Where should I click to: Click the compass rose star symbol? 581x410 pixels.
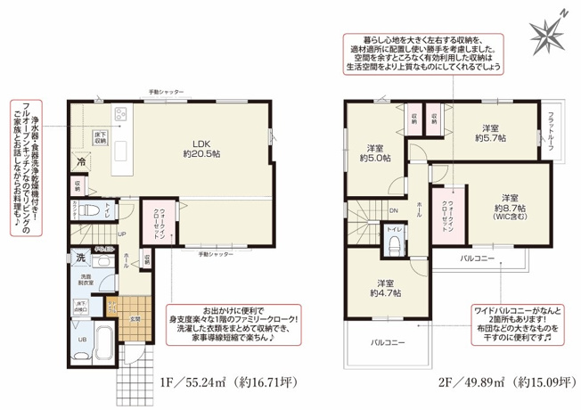pos(547,34)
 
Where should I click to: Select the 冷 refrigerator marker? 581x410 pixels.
pos(81,163)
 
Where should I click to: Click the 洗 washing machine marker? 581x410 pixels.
pos(80,258)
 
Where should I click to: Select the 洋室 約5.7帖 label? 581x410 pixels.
pos(488,132)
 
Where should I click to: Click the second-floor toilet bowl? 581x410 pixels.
pos(392,245)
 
